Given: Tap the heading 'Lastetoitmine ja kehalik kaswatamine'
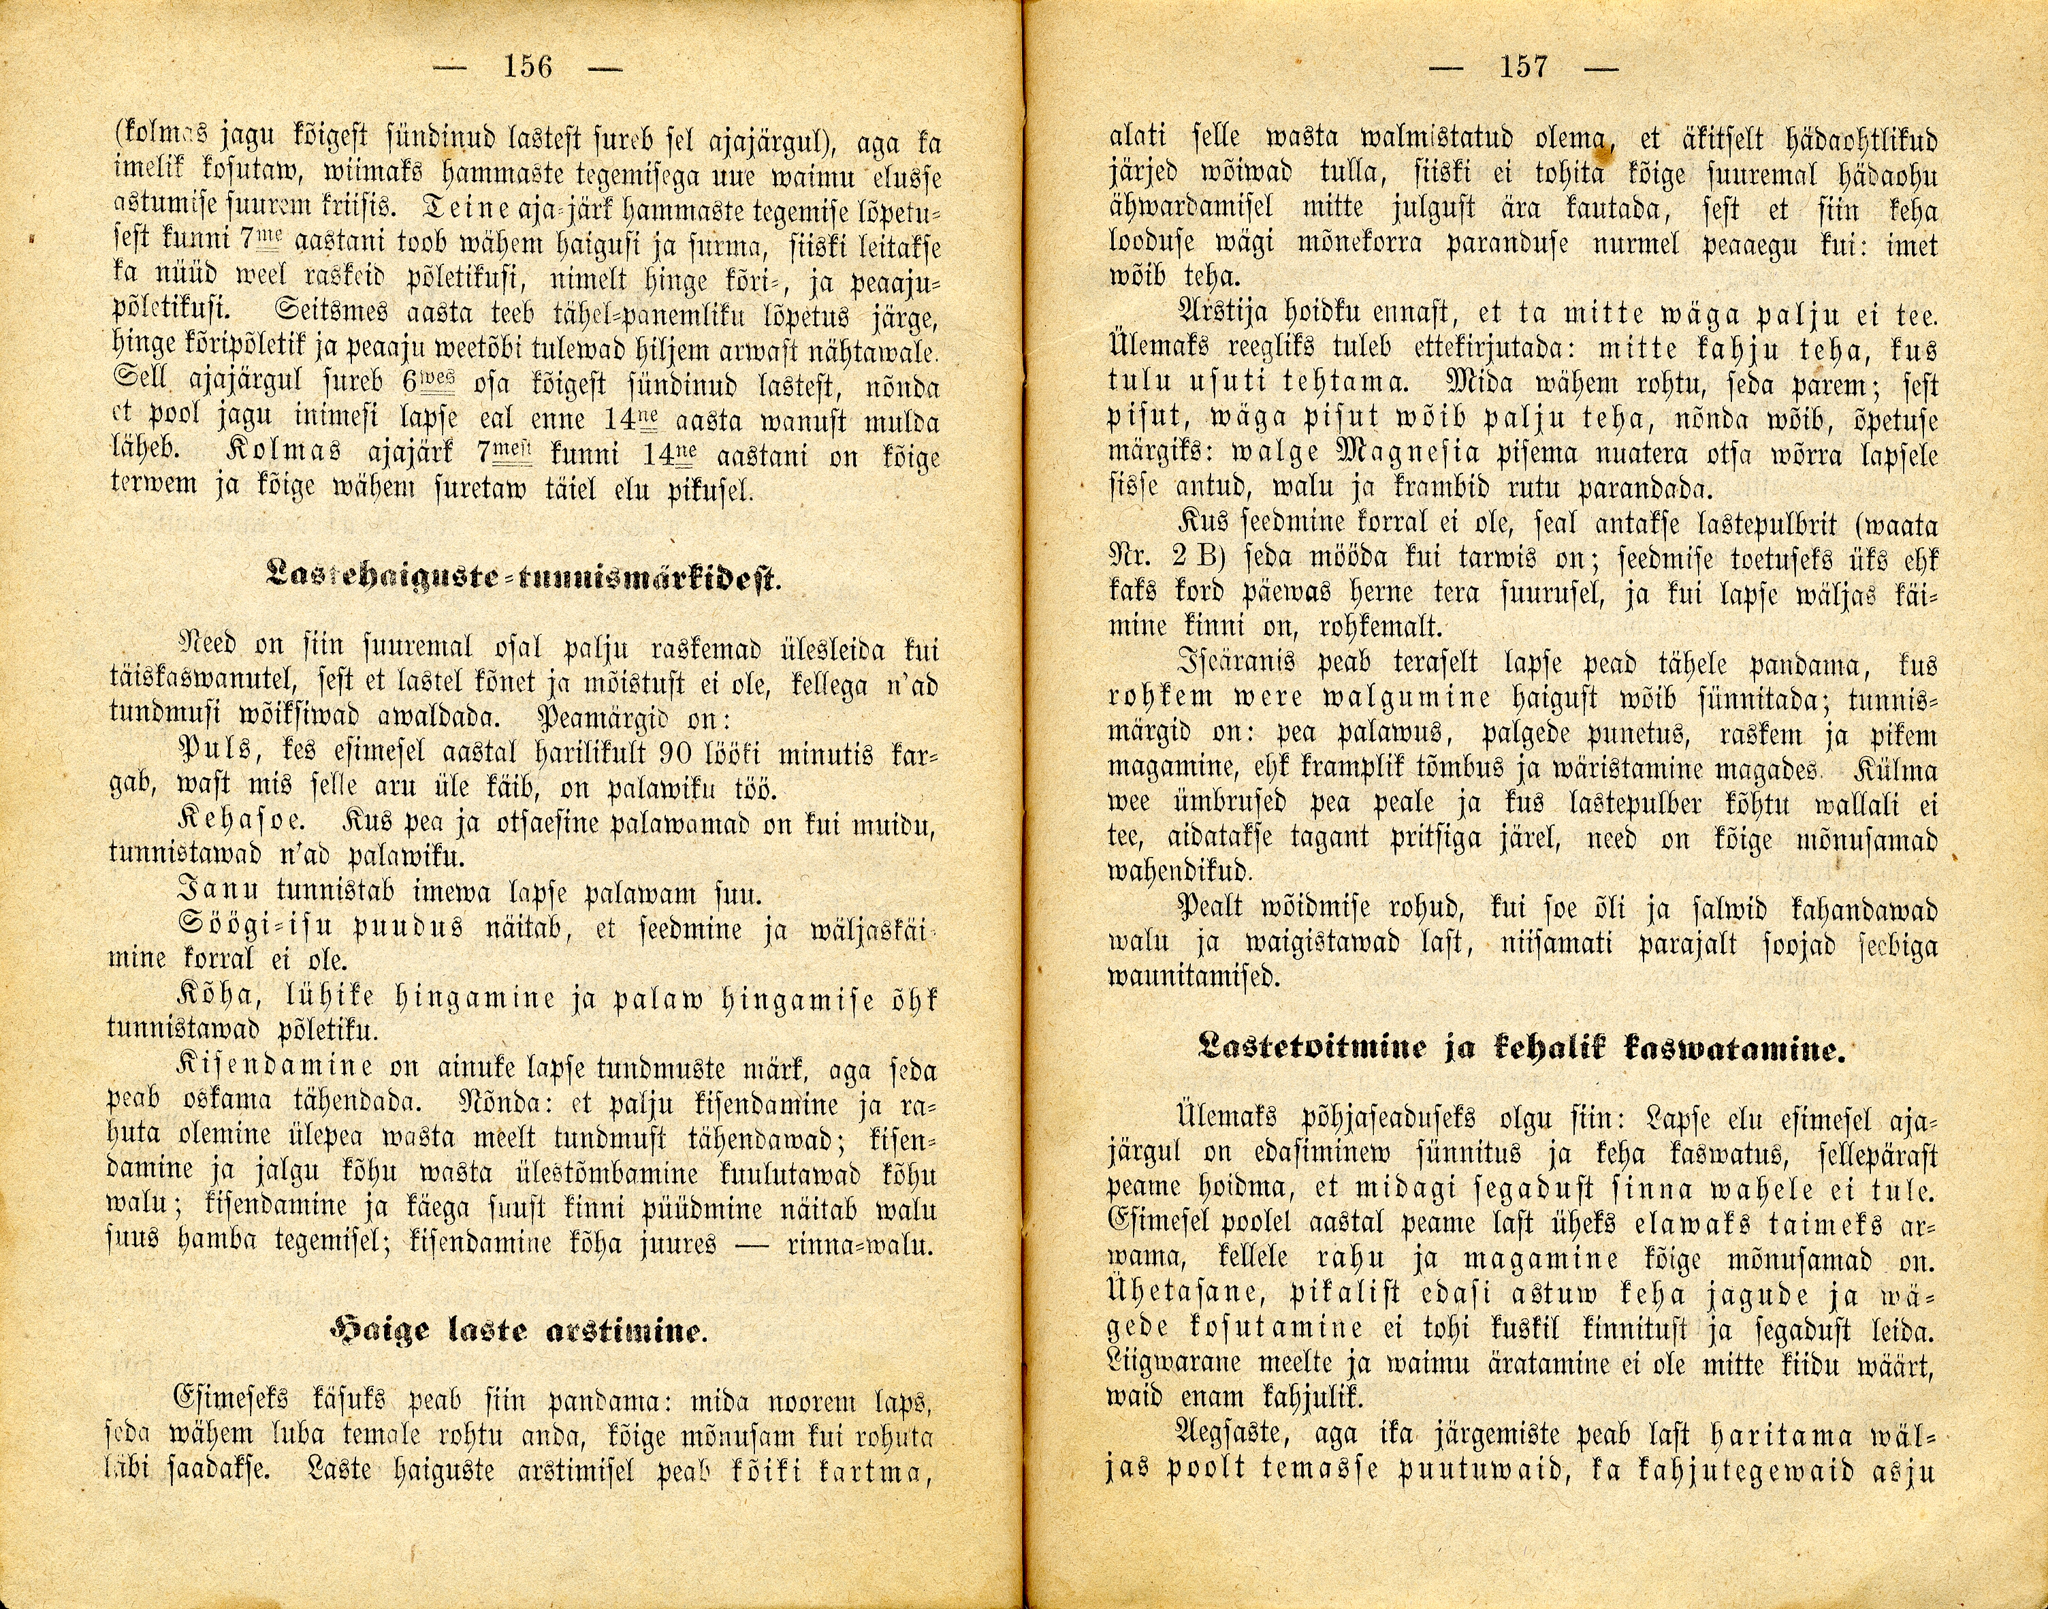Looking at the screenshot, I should point(1517,1050).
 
